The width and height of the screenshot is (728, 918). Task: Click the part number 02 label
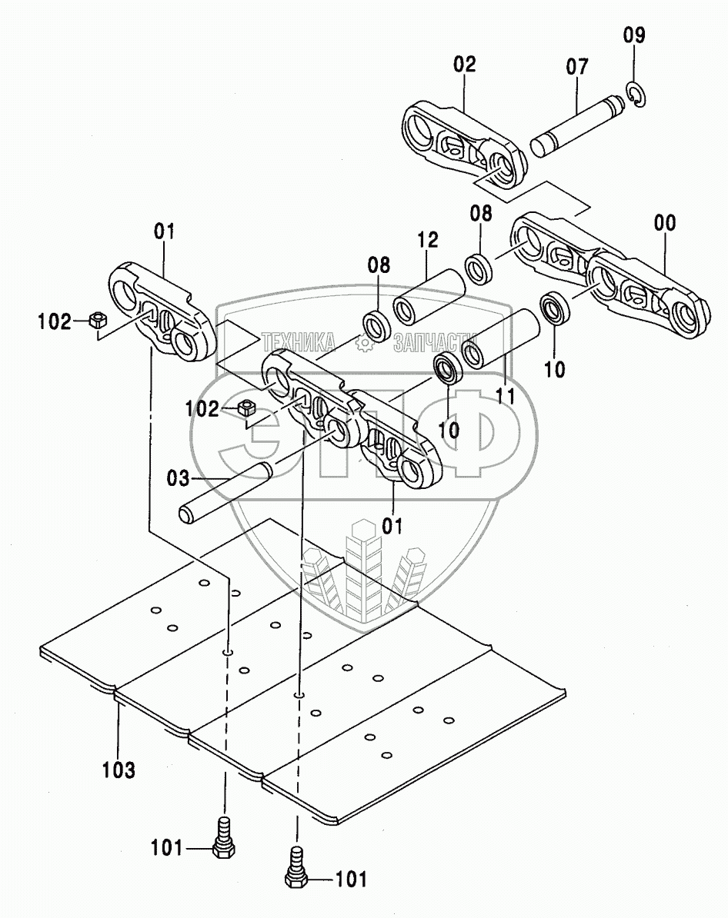[465, 64]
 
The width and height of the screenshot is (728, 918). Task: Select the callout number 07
[576, 66]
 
